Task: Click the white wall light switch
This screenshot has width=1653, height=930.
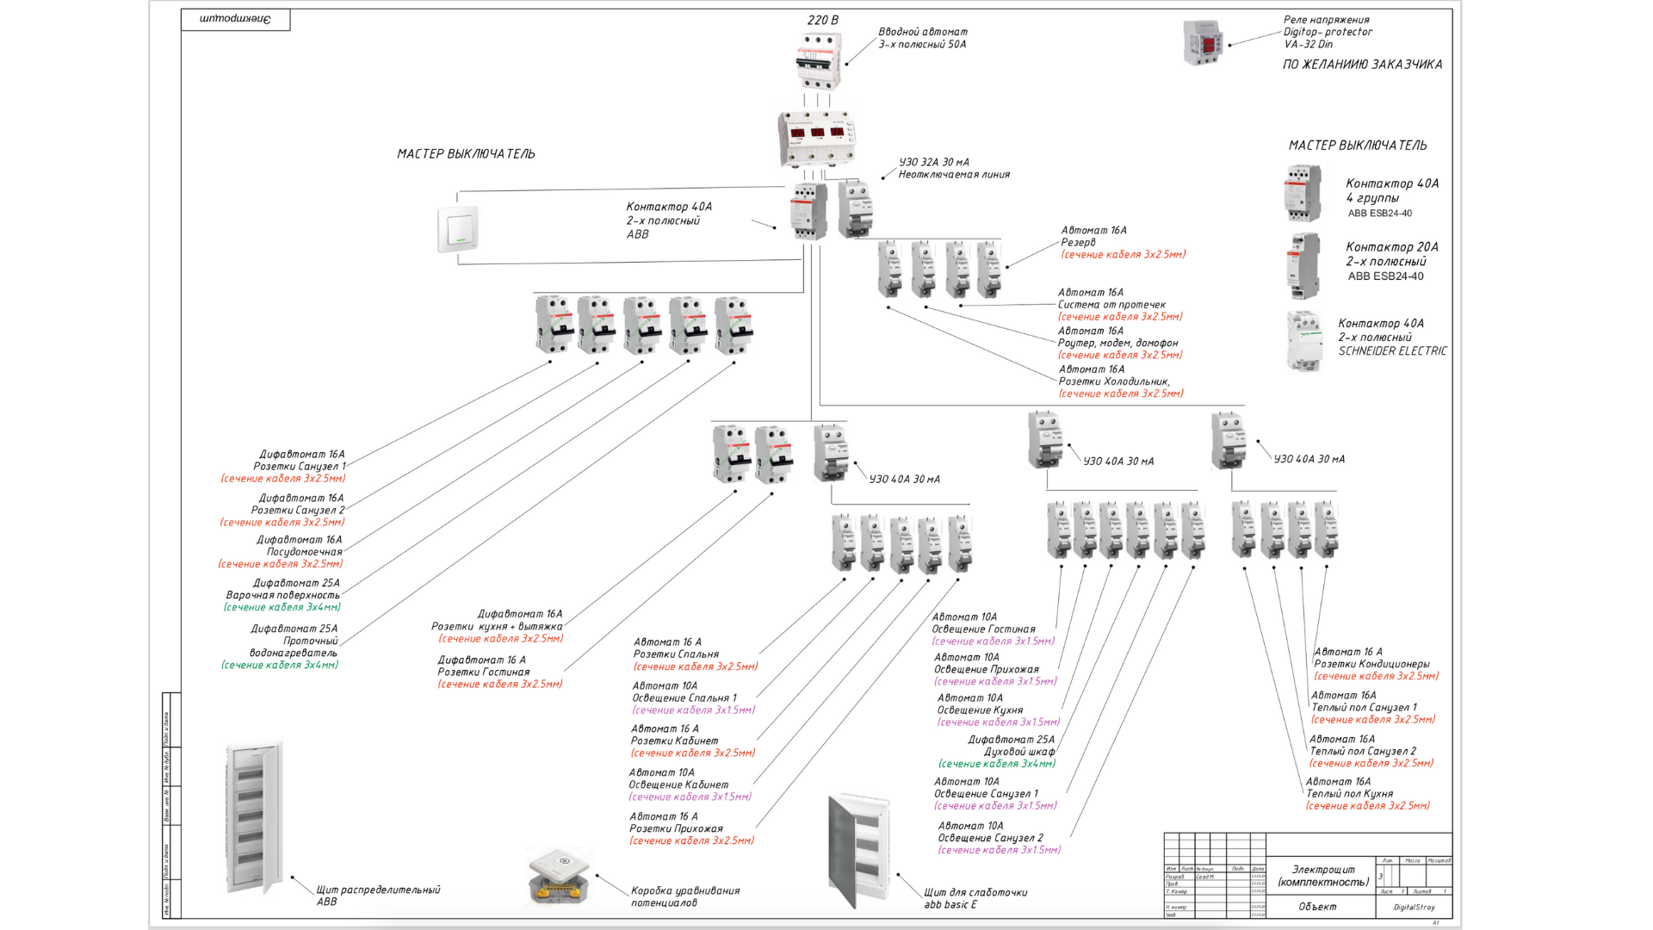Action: click(x=458, y=228)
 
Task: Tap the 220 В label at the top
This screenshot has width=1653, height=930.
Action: click(x=822, y=20)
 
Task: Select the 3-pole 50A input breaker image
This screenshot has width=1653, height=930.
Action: click(x=818, y=60)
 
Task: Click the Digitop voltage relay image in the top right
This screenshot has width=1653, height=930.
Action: click(x=1203, y=42)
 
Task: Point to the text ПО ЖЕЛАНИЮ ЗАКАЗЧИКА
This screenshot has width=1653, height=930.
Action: click(x=1362, y=65)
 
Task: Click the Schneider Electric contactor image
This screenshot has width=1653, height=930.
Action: click(x=1304, y=341)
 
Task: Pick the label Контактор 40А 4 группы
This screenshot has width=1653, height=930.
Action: click(x=1391, y=190)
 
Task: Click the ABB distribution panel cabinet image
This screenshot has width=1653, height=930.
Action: click(x=253, y=818)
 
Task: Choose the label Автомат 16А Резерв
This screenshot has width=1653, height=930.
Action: click(x=1093, y=236)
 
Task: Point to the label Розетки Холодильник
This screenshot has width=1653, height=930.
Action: click(x=1114, y=381)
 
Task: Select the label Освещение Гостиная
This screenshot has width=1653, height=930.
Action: click(x=983, y=629)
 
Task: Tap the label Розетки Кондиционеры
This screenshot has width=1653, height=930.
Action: click(x=1371, y=664)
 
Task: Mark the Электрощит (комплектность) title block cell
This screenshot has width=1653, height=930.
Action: click(x=1322, y=876)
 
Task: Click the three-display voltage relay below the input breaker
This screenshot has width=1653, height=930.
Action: click(x=817, y=138)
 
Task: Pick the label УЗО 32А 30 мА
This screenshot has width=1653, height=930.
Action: click(x=934, y=162)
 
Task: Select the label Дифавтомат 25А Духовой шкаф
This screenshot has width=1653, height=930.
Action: click(x=1012, y=746)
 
